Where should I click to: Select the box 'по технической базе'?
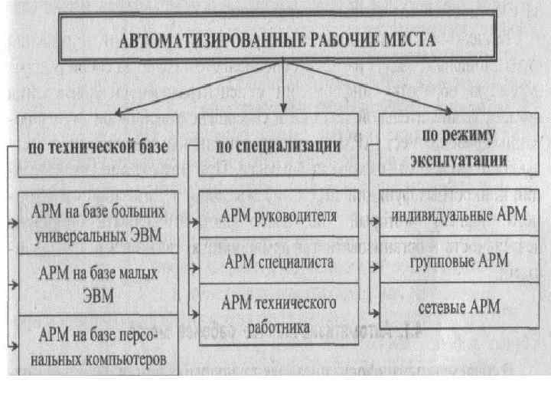click(96, 147)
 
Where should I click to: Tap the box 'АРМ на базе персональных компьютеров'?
click(100, 347)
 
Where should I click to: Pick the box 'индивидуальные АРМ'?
click(458, 215)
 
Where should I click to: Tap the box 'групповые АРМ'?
click(458, 261)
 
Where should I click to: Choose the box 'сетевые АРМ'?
click(458, 307)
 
